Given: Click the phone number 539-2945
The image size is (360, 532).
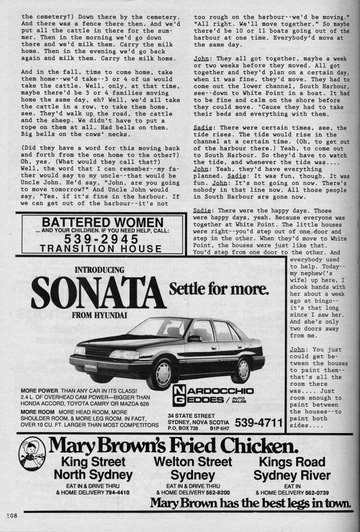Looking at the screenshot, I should pos(100,238).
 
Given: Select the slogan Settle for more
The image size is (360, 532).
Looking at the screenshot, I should pos(219,288).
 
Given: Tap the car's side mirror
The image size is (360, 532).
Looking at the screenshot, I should pos(194,338).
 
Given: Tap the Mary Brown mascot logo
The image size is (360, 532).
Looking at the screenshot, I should pos(32,458).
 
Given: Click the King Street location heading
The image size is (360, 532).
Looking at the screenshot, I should pos(93,462).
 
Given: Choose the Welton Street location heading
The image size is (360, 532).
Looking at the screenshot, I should pos(193,462).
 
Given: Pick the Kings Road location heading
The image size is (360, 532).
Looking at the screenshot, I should pos(292,462).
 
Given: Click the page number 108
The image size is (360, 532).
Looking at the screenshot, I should pos(11,515).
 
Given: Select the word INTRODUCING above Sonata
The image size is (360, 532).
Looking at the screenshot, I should pos(99,270).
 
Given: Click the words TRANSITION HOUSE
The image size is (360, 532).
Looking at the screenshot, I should pos(101,248).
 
